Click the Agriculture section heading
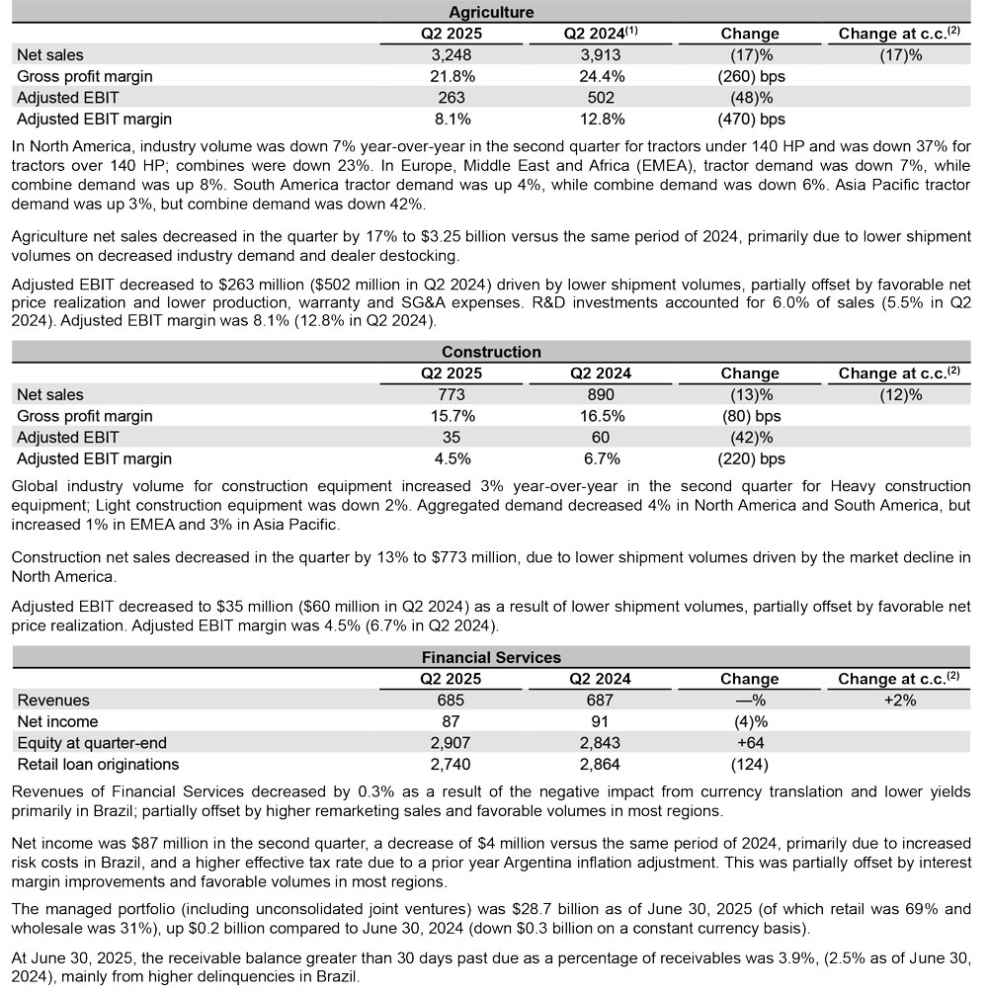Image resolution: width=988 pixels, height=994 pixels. tap(491, 12)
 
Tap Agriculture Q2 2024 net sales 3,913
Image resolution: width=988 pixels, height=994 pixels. tap(600, 54)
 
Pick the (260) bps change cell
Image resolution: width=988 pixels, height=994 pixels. tap(749, 76)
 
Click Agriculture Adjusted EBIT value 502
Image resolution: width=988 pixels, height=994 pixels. tap(600, 98)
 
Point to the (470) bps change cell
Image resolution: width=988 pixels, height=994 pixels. tap(749, 120)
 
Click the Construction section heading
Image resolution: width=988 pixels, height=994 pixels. tap(491, 352)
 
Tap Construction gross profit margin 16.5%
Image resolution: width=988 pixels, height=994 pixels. tap(600, 416)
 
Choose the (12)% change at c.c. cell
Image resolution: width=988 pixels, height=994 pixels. tap(900, 394)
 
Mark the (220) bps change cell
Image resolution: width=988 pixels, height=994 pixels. tap(749, 458)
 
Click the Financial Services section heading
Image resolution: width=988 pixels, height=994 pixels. tap(491, 657)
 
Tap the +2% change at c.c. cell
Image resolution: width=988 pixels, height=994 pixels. tap(900, 700)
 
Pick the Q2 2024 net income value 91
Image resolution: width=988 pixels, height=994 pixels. tap(600, 721)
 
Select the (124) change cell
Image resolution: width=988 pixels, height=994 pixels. tap(749, 764)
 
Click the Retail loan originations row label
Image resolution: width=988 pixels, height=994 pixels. tap(98, 764)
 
